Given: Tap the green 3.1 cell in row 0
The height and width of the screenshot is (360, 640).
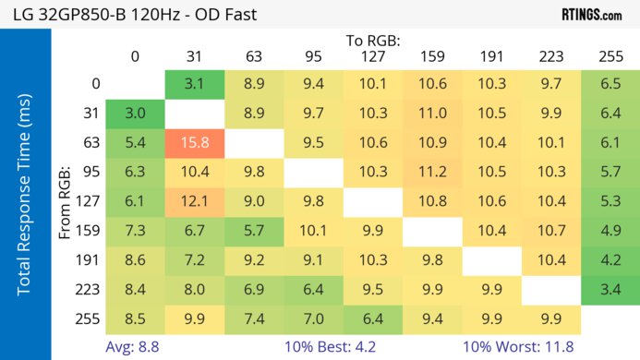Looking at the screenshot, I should coord(194,84).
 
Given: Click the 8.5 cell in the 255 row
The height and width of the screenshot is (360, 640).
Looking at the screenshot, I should coord(135,320).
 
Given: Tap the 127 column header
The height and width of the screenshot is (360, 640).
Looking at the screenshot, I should coord(372,57).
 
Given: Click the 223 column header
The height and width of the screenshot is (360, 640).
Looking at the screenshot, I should coord(550,57).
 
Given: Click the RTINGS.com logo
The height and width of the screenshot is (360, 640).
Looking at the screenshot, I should coord(591,15).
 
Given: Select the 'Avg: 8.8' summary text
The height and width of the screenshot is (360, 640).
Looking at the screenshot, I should coord(135,347).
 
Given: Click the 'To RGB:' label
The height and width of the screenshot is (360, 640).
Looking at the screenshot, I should coord(372,41).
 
